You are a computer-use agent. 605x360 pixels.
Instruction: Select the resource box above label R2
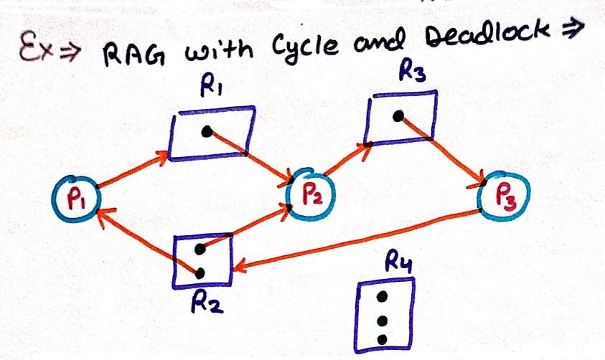click(204, 260)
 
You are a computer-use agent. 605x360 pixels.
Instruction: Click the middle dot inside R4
click(383, 319)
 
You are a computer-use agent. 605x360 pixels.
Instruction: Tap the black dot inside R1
click(207, 132)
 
